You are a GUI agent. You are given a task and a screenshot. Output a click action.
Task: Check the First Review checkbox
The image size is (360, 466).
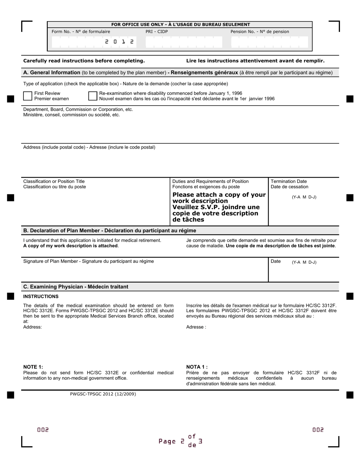tap(28, 96)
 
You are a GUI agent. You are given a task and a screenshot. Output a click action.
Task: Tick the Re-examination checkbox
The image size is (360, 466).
tap(92, 96)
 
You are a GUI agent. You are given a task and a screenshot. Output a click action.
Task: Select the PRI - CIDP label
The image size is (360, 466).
tap(157, 32)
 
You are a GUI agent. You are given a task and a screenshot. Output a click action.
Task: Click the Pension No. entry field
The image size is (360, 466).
tap(269, 42)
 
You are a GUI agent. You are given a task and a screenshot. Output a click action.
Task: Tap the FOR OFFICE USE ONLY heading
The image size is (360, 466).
tap(180, 25)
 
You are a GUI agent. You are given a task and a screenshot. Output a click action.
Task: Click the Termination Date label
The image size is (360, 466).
tap(289, 184)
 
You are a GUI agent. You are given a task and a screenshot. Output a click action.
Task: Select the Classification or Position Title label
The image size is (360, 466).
tap(55, 184)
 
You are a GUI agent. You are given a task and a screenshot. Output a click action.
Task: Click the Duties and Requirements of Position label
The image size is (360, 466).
tap(210, 184)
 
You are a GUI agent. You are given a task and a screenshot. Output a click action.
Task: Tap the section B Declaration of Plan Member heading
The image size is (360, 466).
tap(110, 230)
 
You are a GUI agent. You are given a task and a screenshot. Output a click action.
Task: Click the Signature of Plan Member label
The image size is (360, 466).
tap(88, 261)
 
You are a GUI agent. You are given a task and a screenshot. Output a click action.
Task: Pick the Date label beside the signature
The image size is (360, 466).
tap(275, 261)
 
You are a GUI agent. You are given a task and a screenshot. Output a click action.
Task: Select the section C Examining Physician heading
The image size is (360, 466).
tap(76, 287)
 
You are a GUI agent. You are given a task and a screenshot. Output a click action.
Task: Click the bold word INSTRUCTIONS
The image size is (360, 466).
tap(41, 296)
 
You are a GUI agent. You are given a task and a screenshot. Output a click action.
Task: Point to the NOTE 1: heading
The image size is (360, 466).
tap(33, 367)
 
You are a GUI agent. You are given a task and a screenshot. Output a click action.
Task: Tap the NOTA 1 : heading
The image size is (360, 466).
tap(197, 367)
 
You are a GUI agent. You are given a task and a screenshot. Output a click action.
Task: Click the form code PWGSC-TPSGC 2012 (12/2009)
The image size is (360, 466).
tap(103, 394)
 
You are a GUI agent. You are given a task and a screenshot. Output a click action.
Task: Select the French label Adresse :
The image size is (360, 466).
tap(196, 327)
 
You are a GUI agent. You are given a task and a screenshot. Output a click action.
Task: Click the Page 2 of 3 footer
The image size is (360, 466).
tap(180, 441)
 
